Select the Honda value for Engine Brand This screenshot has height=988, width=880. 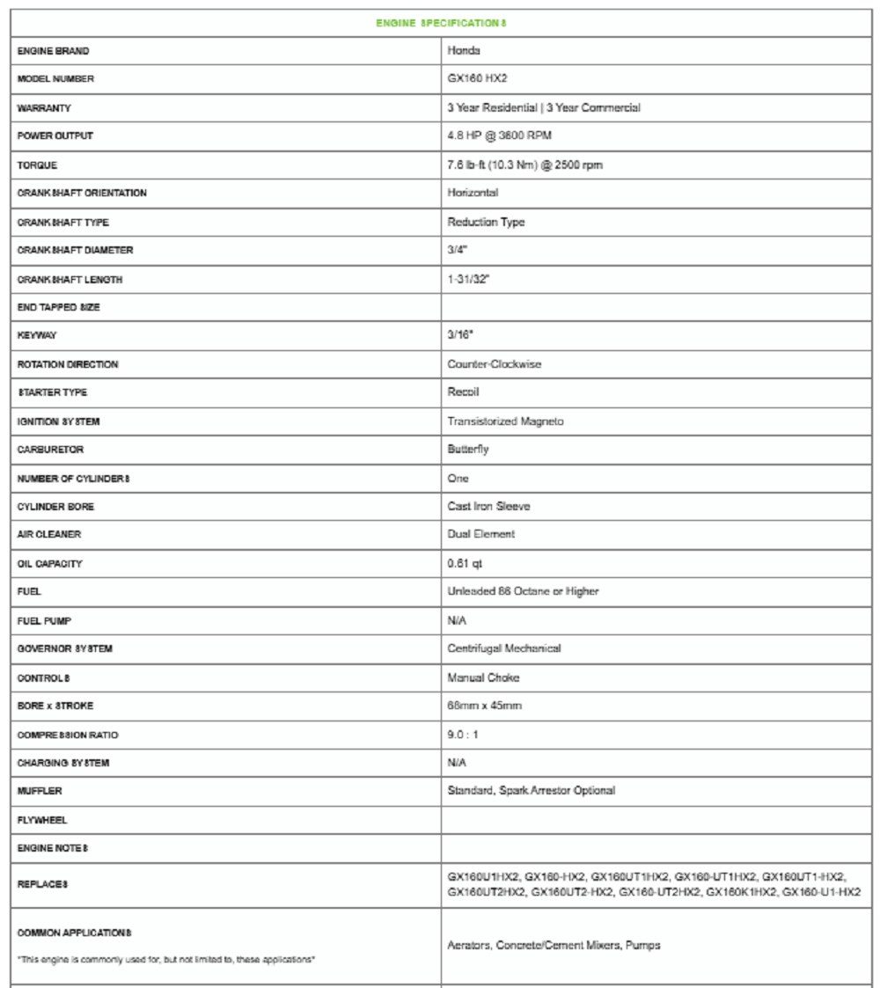tap(463, 51)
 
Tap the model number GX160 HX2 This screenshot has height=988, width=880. tap(478, 79)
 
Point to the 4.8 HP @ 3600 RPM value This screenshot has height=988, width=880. tap(500, 136)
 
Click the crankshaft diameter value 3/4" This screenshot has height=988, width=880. tap(457, 250)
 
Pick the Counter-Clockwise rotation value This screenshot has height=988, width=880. tap(495, 364)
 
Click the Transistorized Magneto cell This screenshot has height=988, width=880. tap(505, 421)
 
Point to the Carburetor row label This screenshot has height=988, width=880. tap(48, 450)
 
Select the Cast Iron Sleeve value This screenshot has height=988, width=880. tap(488, 507)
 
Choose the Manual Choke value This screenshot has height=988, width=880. tap(483, 677)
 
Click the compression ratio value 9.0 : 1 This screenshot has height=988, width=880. tap(464, 735)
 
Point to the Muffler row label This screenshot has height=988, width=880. tap(40, 791)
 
